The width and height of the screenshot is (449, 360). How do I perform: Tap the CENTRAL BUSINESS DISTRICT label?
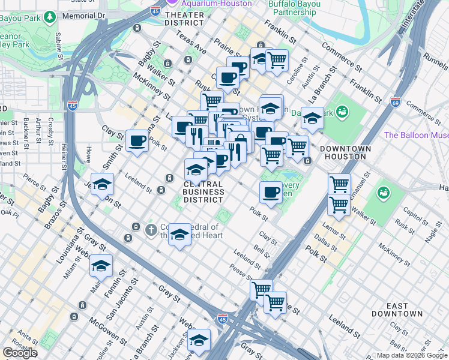click(203, 192)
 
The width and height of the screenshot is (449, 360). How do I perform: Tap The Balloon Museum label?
click(416, 135)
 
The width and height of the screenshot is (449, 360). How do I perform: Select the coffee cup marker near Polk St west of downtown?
click(137, 141)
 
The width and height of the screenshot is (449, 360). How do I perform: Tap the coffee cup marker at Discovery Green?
click(271, 192)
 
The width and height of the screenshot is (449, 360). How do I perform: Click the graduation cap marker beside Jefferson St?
click(102, 184)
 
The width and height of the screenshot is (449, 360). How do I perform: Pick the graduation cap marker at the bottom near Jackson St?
click(199, 340)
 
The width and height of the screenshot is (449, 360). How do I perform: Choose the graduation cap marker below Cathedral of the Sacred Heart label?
click(179, 234)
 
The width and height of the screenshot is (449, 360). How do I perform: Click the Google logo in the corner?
click(20, 353)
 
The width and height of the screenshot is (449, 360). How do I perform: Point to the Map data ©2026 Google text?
click(411, 355)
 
